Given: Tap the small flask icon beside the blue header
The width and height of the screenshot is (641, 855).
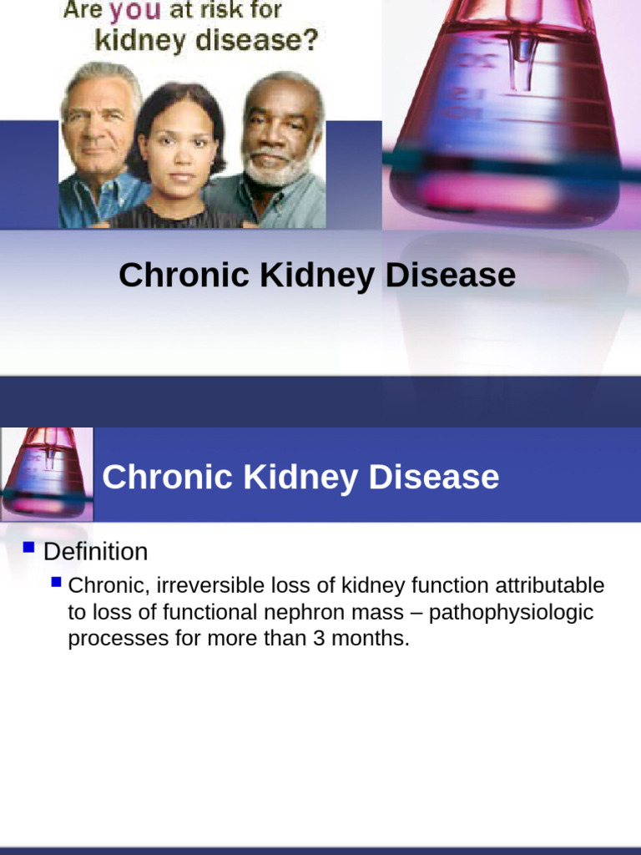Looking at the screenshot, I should coord(46,473).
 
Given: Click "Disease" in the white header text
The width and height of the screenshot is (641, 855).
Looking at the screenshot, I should coord(434,478).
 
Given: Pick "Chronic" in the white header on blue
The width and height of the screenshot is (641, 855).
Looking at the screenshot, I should coord(168,478).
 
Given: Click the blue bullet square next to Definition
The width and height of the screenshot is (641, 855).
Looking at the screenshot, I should coord(29,549).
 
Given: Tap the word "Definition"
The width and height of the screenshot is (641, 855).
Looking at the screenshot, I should coord(95,552).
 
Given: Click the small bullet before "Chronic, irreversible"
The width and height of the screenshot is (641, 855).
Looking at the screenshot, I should coord(56,581).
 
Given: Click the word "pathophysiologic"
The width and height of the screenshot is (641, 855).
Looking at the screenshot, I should coord(512,612).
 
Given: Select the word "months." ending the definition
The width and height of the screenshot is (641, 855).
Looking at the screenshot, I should coord(375,639).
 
